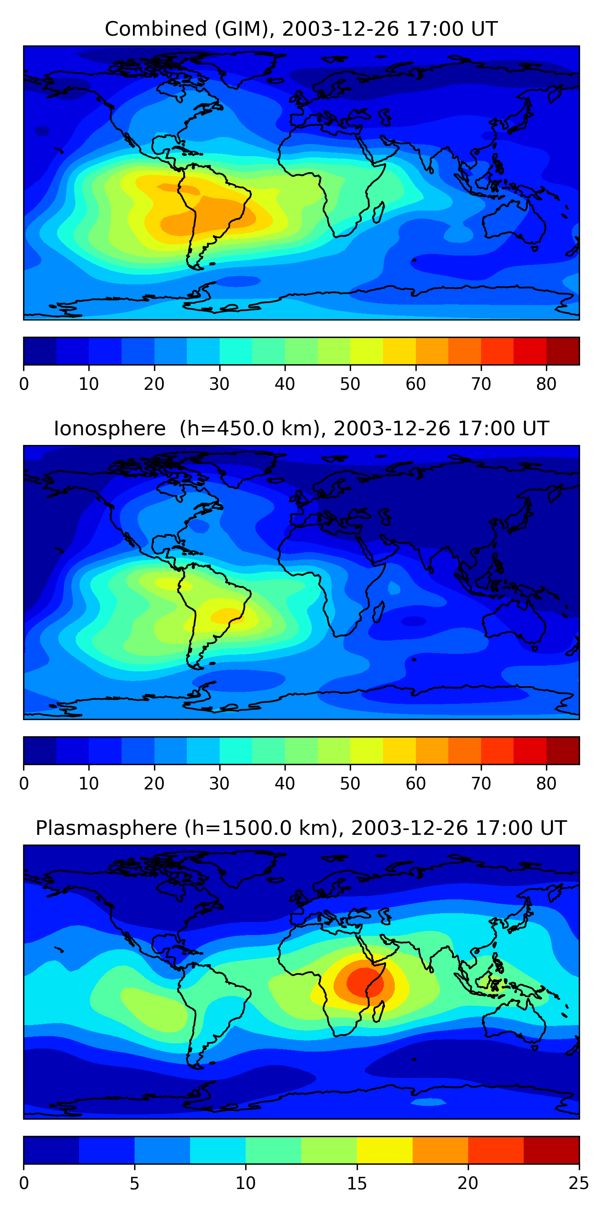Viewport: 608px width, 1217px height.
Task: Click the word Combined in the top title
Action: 155,29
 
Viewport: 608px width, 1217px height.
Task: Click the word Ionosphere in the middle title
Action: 109,429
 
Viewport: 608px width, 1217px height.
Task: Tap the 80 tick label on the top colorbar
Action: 546,384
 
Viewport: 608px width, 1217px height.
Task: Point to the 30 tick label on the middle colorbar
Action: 220,783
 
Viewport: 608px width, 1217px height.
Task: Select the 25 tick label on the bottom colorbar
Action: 579,1183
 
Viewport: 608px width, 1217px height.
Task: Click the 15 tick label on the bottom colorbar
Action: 357,1183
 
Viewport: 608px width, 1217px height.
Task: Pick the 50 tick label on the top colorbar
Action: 350,384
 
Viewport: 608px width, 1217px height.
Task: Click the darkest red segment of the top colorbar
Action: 563,351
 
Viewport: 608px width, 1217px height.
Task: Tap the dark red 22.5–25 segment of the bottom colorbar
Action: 551,1150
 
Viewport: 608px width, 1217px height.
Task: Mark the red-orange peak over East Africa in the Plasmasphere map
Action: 364,983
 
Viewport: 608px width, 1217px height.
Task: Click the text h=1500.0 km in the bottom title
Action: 261,828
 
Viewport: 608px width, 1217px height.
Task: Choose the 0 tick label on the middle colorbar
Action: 24,783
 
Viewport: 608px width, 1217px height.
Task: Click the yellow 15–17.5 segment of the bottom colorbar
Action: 385,1150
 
